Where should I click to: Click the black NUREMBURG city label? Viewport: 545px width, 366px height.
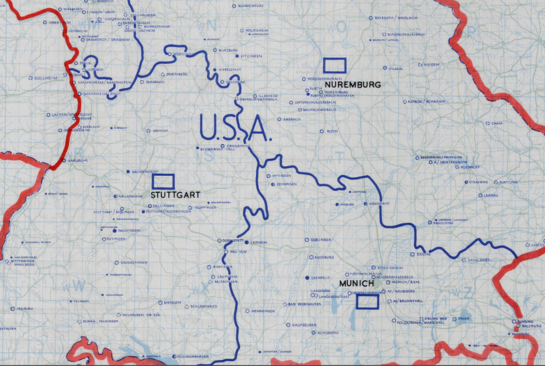pos(352,84)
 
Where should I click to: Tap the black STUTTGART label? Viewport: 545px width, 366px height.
pos(174,195)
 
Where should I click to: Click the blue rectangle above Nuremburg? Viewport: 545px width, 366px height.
pos(334,65)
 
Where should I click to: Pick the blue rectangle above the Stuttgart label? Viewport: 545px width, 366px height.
pos(163,181)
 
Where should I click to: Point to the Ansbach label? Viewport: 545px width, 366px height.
pos(291,119)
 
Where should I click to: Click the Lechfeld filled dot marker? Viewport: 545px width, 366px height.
pos(306,278)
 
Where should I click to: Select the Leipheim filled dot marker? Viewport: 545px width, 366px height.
pos(247,242)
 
